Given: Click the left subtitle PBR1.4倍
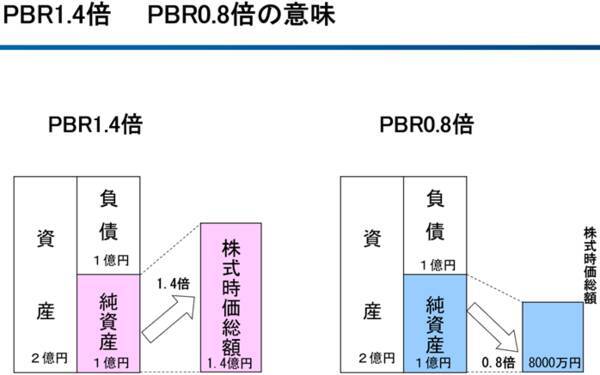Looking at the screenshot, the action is tap(96, 126).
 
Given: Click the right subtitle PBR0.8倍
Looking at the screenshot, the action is tap(426, 126).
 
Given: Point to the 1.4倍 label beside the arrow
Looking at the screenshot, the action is tap(173, 285).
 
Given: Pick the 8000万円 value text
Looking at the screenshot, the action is tap(552, 361).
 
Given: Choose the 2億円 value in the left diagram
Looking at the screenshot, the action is tap(48, 358).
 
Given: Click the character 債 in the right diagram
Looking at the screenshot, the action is tap(435, 233).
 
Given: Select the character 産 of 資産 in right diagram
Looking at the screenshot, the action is tap(372, 313).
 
